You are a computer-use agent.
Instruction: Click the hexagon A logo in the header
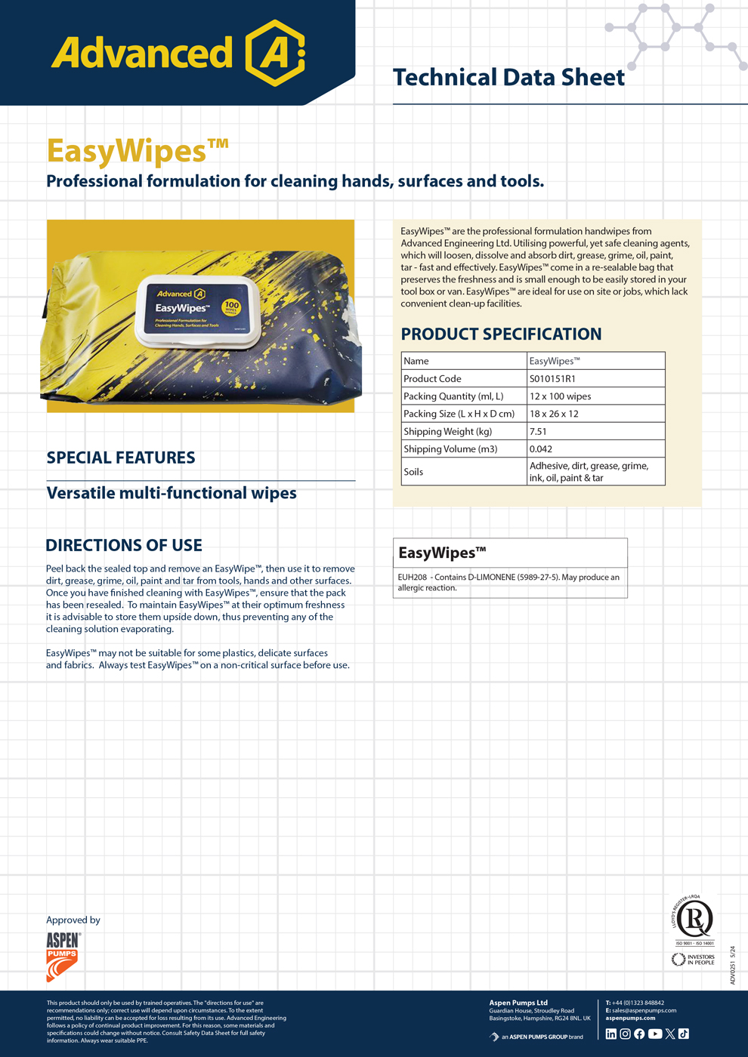[x=275, y=53]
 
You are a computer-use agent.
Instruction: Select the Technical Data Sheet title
[x=508, y=77]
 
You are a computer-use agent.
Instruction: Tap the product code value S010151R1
[x=552, y=378]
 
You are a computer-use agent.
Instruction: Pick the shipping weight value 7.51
[x=538, y=431]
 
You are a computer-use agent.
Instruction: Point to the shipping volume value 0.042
[x=541, y=448]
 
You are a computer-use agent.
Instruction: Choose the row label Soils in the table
[x=413, y=472]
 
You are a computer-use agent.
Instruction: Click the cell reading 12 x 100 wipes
[x=560, y=396]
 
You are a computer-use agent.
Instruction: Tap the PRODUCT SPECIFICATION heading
[x=501, y=334]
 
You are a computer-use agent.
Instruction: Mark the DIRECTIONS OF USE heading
[x=124, y=545]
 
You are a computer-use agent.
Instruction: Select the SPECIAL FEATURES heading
[x=121, y=458]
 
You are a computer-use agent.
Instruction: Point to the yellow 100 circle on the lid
[x=231, y=307]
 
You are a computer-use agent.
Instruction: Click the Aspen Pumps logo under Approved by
[x=63, y=956]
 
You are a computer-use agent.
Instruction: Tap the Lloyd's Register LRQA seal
[x=694, y=919]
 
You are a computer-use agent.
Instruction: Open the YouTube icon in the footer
[x=655, y=1034]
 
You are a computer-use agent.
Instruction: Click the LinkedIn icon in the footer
[x=611, y=1034]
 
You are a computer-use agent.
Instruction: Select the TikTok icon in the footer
[x=684, y=1034]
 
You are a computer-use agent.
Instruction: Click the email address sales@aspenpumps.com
[x=644, y=1010]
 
